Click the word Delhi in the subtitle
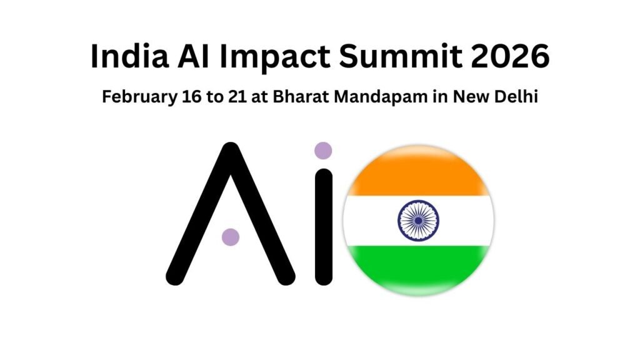[x=516, y=97]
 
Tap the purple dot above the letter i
[x=322, y=151]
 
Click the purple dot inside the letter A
[x=231, y=237]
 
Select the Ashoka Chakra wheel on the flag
[x=418, y=220]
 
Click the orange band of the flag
[x=418, y=174]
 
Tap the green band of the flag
[x=418, y=269]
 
